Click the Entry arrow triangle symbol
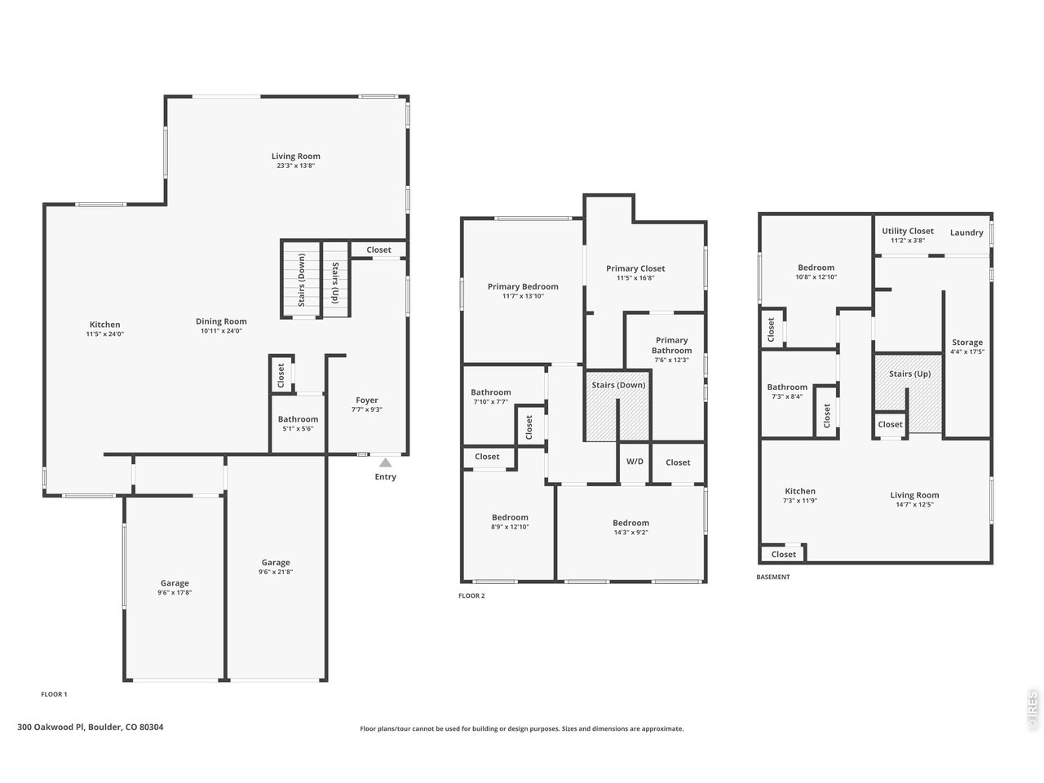click(x=385, y=462)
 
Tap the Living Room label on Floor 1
click(x=295, y=156)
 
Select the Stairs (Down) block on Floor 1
click(x=302, y=278)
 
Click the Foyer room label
click(x=367, y=400)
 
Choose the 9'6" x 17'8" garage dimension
click(x=175, y=593)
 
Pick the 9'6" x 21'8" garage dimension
click(x=276, y=573)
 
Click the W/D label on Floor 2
click(x=635, y=462)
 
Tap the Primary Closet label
click(x=635, y=268)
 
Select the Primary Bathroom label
click(x=671, y=345)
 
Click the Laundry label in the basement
click(x=967, y=232)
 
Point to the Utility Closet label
click(x=907, y=231)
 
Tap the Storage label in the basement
click(x=967, y=343)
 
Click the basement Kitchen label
click(x=799, y=491)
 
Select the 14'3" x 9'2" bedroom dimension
click(x=630, y=533)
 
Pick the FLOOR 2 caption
click(x=471, y=595)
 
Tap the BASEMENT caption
click(x=772, y=577)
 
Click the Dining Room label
click(x=221, y=321)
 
